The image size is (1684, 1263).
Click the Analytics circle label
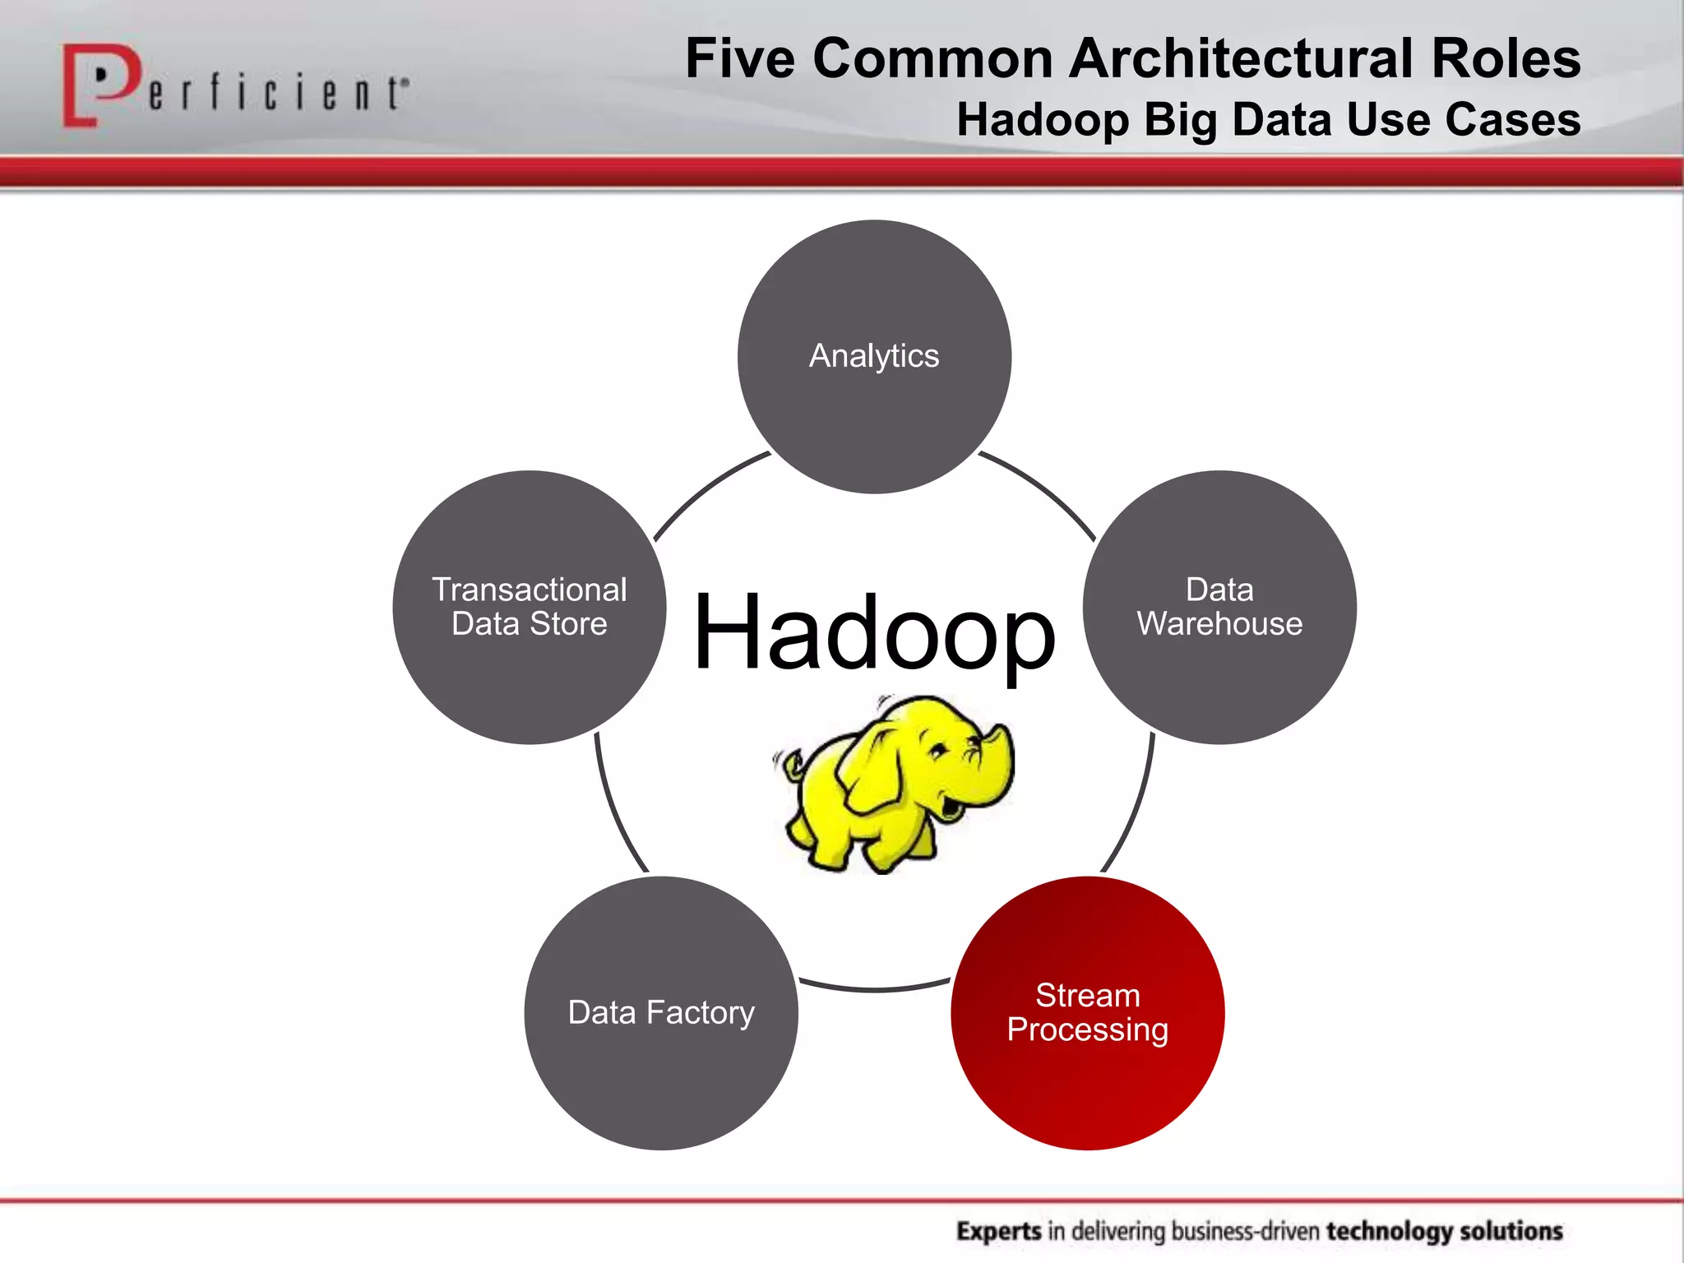pos(873,356)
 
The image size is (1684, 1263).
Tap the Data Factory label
pos(661,1012)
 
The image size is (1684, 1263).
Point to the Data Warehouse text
pos(1219,607)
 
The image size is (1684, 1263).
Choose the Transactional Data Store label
pos(530,607)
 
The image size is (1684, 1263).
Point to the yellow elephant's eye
pos(937,750)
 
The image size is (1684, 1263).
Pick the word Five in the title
pos(740,59)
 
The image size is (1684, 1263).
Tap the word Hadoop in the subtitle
pos(1043,120)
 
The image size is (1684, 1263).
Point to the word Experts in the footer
pos(999,1231)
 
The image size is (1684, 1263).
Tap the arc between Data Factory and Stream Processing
pos(875,989)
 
